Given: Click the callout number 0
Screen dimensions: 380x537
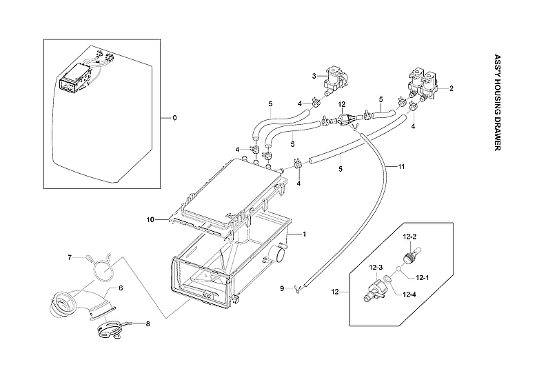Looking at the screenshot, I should [174, 118].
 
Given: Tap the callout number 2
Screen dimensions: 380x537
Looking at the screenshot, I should [452, 88].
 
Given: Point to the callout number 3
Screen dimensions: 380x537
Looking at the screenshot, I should [314, 75].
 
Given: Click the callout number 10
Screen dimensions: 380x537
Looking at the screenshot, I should [150, 219].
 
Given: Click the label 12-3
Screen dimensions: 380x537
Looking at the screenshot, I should [375, 267].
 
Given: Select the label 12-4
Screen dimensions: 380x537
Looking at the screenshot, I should [409, 295].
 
